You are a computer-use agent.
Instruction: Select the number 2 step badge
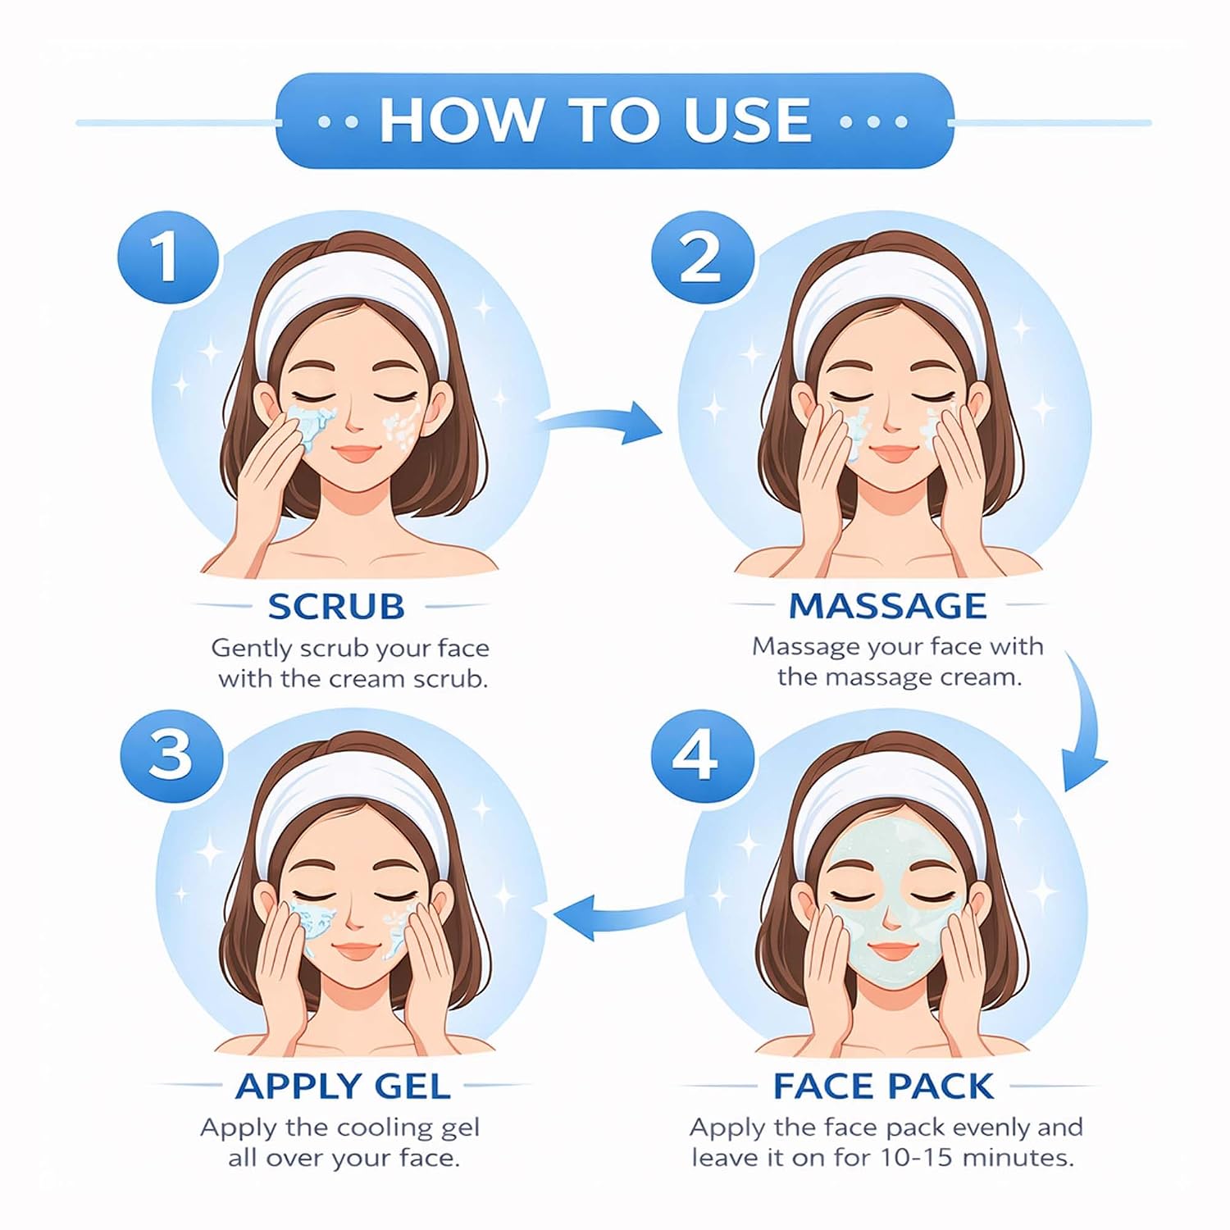click(702, 257)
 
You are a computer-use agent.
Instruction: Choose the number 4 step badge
click(702, 754)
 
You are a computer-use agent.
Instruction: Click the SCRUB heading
click(336, 607)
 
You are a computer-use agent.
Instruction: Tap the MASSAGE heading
click(887, 606)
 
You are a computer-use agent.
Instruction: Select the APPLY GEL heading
click(343, 1086)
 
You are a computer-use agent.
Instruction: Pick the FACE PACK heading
click(884, 1086)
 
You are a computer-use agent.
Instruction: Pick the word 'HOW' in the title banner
click(459, 120)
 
